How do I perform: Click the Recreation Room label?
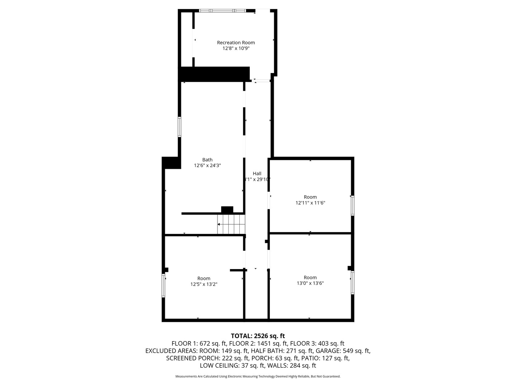236,43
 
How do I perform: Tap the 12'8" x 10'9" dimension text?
236,48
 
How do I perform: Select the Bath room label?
207,160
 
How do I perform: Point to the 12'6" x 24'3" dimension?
207,166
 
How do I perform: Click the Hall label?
257,173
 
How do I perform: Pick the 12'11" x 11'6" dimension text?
310,203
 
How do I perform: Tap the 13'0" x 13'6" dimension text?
310,283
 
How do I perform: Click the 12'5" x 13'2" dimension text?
204,284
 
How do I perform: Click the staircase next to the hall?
231,224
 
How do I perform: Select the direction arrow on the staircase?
219,224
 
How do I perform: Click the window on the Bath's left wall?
180,126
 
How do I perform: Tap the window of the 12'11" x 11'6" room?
352,205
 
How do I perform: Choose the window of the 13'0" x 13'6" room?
353,282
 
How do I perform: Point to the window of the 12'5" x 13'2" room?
163,286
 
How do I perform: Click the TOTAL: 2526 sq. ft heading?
258,336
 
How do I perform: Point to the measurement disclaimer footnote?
258,376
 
